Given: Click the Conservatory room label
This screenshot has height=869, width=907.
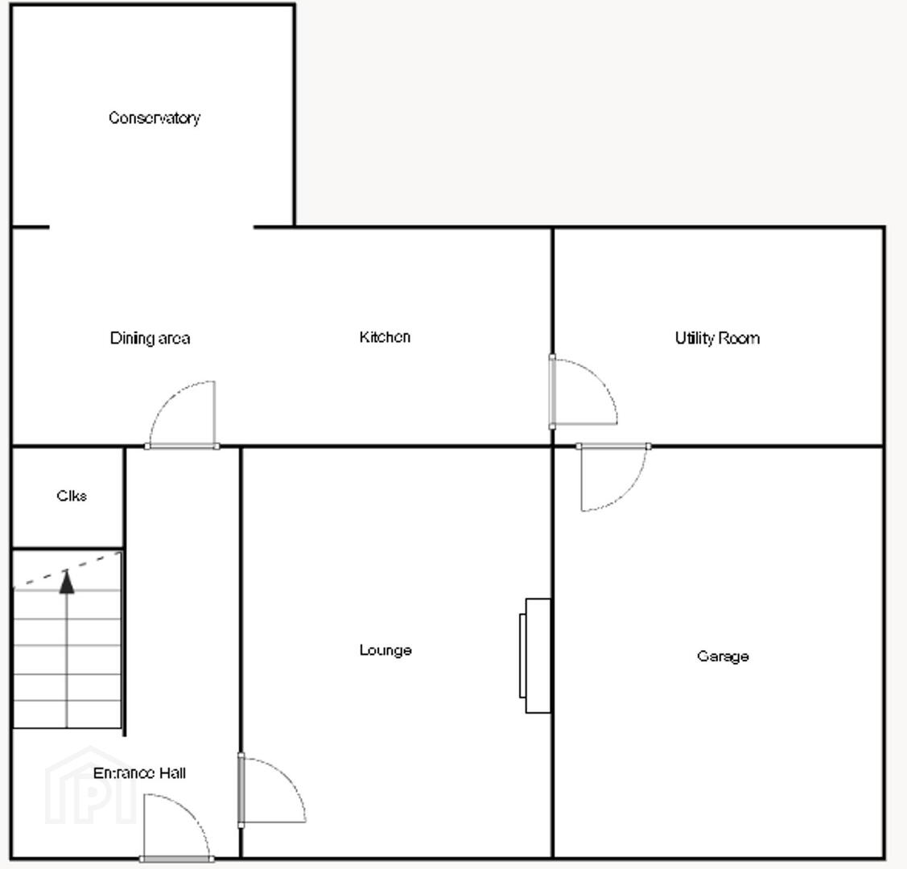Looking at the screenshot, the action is tap(155, 118).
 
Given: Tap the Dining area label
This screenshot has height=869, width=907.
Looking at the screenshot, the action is tap(150, 338).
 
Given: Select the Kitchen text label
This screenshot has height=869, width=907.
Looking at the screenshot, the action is tap(385, 337).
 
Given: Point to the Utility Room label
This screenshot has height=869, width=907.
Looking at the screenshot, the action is tap(717, 338).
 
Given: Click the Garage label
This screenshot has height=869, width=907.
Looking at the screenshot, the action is tap(723, 657).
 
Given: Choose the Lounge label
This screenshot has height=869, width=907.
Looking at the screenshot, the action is tap(385, 650).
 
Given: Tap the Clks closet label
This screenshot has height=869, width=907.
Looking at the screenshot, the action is tap(72, 496).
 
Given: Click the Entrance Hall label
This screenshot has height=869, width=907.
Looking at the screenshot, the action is tap(139, 773).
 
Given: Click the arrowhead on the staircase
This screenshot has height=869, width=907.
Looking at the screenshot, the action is tap(67, 582).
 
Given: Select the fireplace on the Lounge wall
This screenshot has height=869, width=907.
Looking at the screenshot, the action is tap(535, 656).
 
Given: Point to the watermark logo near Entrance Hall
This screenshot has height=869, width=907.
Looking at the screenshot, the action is tap(90, 786).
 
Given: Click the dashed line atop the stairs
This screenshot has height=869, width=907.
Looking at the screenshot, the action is tap(67, 570).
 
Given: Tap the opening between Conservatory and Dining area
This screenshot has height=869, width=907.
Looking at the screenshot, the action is tap(151, 227).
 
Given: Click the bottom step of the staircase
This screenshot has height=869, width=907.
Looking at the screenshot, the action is tap(67, 715).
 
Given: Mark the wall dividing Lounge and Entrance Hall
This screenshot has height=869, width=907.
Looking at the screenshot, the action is tap(241, 653).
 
